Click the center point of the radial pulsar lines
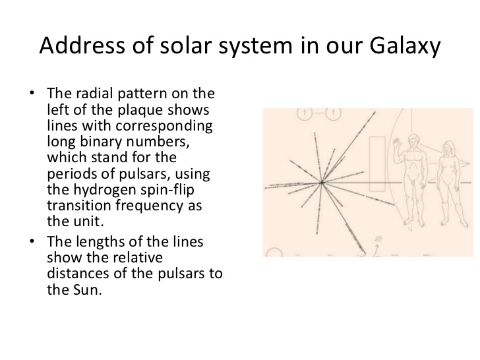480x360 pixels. tap(322, 182)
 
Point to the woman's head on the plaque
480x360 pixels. tap(448, 146)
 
